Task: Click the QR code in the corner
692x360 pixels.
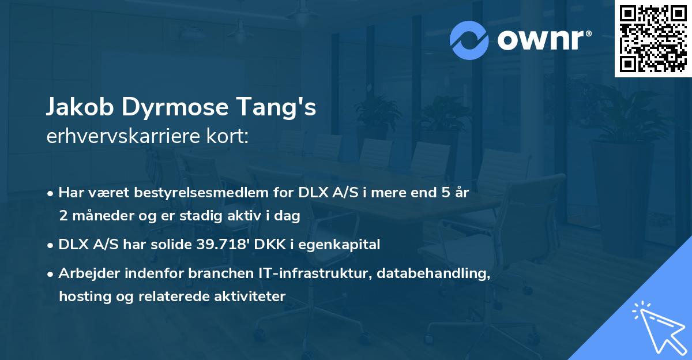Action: [x=653, y=39]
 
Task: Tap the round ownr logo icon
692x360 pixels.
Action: [x=469, y=40]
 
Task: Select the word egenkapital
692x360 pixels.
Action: [x=345, y=245]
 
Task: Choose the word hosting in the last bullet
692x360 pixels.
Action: [x=81, y=297]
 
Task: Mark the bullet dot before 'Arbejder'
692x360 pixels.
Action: [x=51, y=274]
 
